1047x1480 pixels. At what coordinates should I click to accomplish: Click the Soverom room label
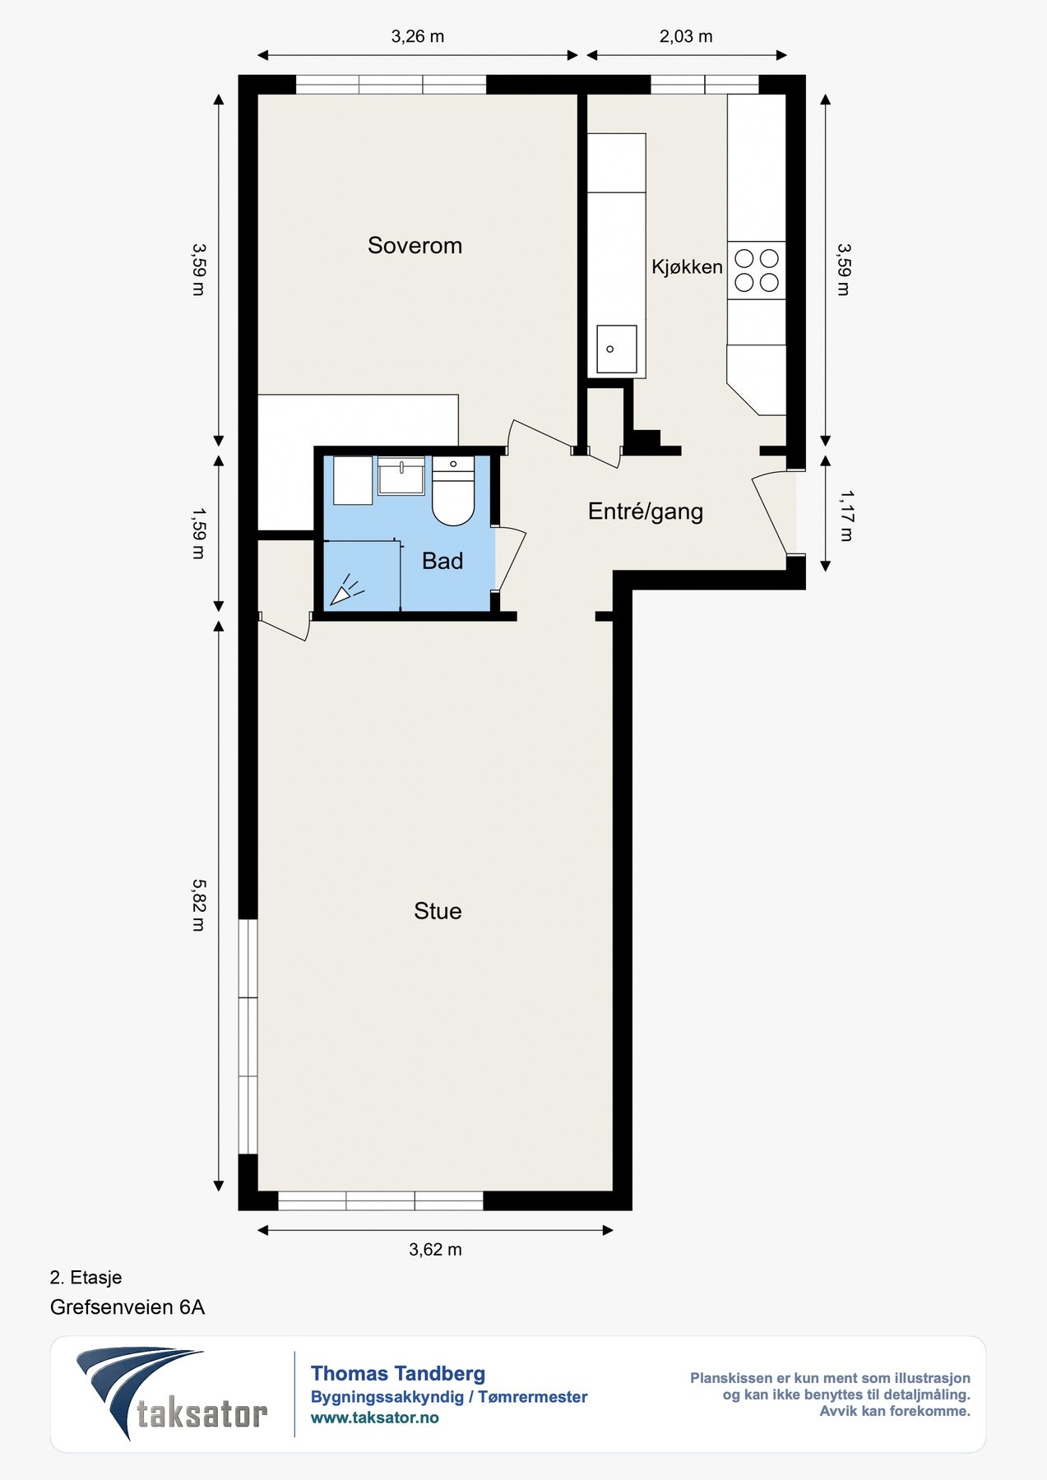(415, 245)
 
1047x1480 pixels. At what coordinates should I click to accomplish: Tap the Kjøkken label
(687, 266)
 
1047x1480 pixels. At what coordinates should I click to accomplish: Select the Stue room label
(438, 911)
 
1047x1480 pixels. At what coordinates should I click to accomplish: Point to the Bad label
(442, 561)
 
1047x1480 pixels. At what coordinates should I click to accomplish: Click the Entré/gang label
(646, 511)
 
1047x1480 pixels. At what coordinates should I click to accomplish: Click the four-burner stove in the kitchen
(757, 271)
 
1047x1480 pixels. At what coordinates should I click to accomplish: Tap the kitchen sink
(617, 349)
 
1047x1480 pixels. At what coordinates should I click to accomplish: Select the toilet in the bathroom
(453, 491)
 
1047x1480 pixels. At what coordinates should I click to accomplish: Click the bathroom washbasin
(401, 476)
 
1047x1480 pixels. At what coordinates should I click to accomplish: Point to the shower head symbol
(345, 590)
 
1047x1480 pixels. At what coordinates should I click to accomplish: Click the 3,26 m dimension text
(418, 36)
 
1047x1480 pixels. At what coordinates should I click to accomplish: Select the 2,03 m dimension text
(686, 36)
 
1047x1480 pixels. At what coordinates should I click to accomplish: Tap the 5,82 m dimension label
(198, 905)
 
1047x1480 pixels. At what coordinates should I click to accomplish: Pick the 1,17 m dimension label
(845, 516)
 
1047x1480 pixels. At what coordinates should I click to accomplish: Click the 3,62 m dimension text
(435, 1250)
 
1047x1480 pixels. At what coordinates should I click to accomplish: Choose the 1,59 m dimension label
(198, 534)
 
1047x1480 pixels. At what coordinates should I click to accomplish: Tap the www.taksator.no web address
(375, 1418)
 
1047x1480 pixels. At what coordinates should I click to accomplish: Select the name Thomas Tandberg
(398, 1373)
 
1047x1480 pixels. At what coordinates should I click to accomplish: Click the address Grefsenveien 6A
(127, 1307)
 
